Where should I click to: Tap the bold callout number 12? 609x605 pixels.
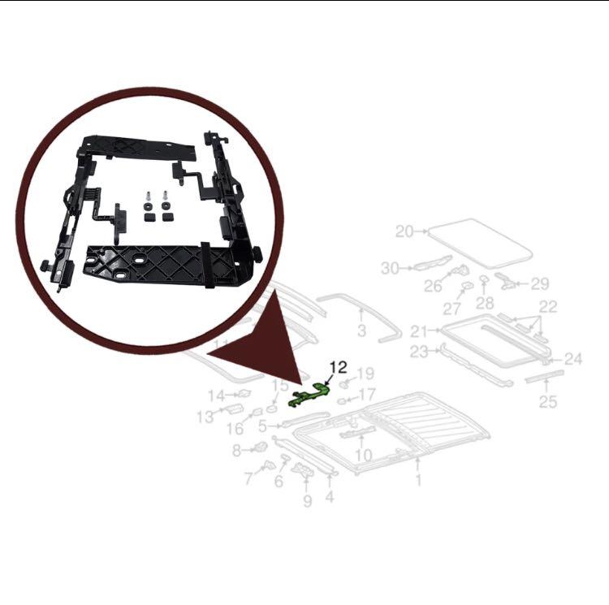pyautogui.click(x=338, y=366)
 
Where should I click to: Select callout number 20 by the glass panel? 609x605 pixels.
pyautogui.click(x=404, y=231)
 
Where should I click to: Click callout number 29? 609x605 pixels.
pyautogui.click(x=540, y=284)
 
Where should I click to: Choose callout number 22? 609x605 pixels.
pyautogui.click(x=548, y=306)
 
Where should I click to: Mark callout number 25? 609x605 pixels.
pyautogui.click(x=548, y=400)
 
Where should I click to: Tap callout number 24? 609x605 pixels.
pyautogui.click(x=573, y=357)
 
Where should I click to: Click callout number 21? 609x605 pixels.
pyautogui.click(x=419, y=331)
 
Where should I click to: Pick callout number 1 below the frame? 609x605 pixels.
pyautogui.click(x=418, y=481)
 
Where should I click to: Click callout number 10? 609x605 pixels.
pyautogui.click(x=363, y=456)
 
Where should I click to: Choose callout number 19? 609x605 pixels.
pyautogui.click(x=365, y=374)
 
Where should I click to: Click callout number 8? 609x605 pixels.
pyautogui.click(x=237, y=450)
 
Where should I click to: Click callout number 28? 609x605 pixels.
pyautogui.click(x=485, y=303)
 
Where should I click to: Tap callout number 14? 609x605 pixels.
pyautogui.click(x=215, y=395)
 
